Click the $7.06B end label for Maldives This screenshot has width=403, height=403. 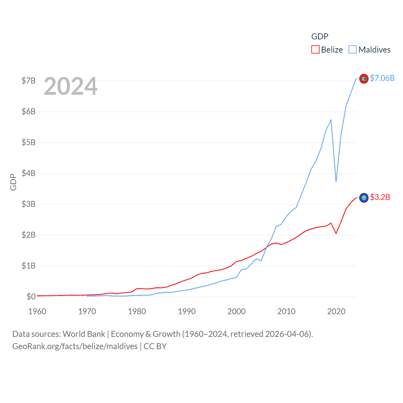pyautogui.click(x=382, y=78)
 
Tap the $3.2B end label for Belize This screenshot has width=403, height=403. pyautogui.click(x=380, y=197)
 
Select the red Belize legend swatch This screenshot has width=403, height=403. pyautogui.click(x=315, y=50)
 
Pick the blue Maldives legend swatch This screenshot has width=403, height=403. pyautogui.click(x=353, y=50)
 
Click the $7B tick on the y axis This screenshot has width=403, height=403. pyautogui.click(x=28, y=81)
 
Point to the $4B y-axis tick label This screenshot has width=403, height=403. pyautogui.click(x=28, y=173)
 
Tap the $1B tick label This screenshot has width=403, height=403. pyautogui.click(x=28, y=266)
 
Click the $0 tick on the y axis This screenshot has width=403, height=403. pyautogui.click(x=31, y=297)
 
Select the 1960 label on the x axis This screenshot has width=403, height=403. pyautogui.click(x=37, y=311)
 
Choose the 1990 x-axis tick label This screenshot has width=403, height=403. pyautogui.click(x=187, y=311)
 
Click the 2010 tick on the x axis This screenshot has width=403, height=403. pyautogui.click(x=286, y=311)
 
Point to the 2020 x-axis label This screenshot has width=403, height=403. pyautogui.click(x=336, y=311)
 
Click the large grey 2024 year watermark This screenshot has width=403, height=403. pyautogui.click(x=71, y=86)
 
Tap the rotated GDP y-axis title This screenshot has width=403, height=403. pyautogui.click(x=13, y=182)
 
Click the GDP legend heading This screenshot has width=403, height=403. pyautogui.click(x=320, y=37)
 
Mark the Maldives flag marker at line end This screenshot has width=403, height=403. pyautogui.click(x=364, y=79)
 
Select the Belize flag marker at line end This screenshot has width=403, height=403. pyautogui.click(x=364, y=198)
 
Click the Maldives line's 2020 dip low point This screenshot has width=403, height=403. pyautogui.click(x=336, y=182)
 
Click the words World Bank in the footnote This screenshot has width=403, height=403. pyautogui.click(x=84, y=334)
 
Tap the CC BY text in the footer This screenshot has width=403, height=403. pyautogui.click(x=155, y=346)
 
